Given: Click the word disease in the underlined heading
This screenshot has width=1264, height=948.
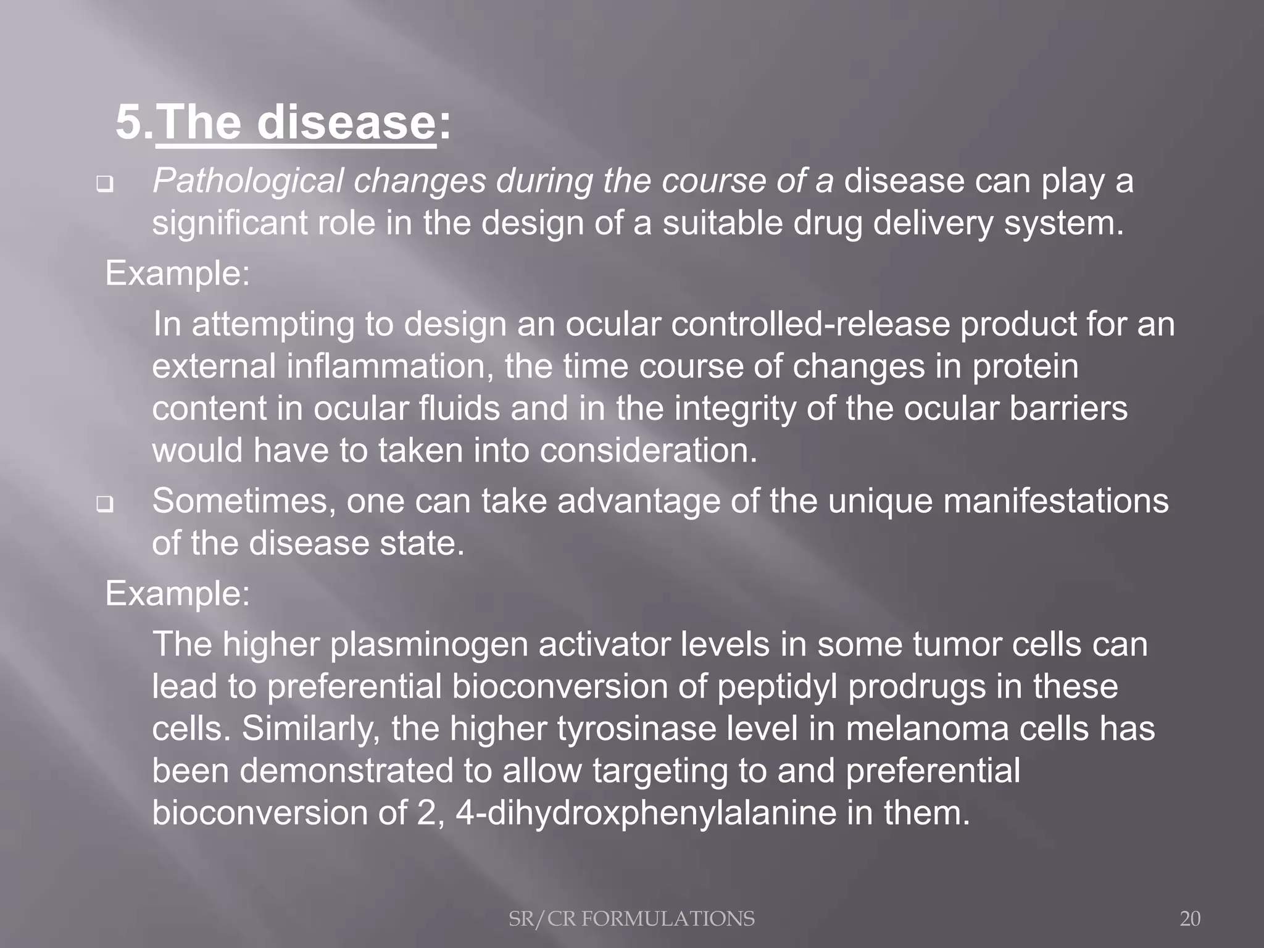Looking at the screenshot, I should tap(346, 122).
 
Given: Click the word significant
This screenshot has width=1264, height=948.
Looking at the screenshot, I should tap(229, 223).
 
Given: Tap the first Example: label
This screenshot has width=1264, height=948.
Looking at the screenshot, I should tap(178, 273).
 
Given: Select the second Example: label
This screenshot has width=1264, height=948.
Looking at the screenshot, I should tap(178, 594).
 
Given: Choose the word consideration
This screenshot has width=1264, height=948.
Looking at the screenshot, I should tap(648, 451).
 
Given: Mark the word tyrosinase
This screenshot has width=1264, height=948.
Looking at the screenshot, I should tap(636, 729).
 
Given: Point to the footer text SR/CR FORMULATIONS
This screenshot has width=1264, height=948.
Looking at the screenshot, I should tap(631, 919).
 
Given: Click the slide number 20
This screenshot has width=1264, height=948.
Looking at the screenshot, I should tap(1190, 919).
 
